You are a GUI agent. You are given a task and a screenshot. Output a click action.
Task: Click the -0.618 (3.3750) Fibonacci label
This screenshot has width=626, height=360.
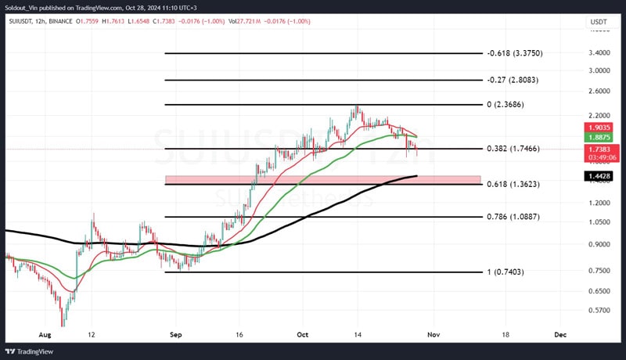click(x=514, y=53)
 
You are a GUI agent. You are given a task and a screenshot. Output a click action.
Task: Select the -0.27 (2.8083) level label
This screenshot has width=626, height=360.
click(x=513, y=80)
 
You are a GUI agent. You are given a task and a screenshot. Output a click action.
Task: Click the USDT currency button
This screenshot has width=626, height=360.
click(x=598, y=21)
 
